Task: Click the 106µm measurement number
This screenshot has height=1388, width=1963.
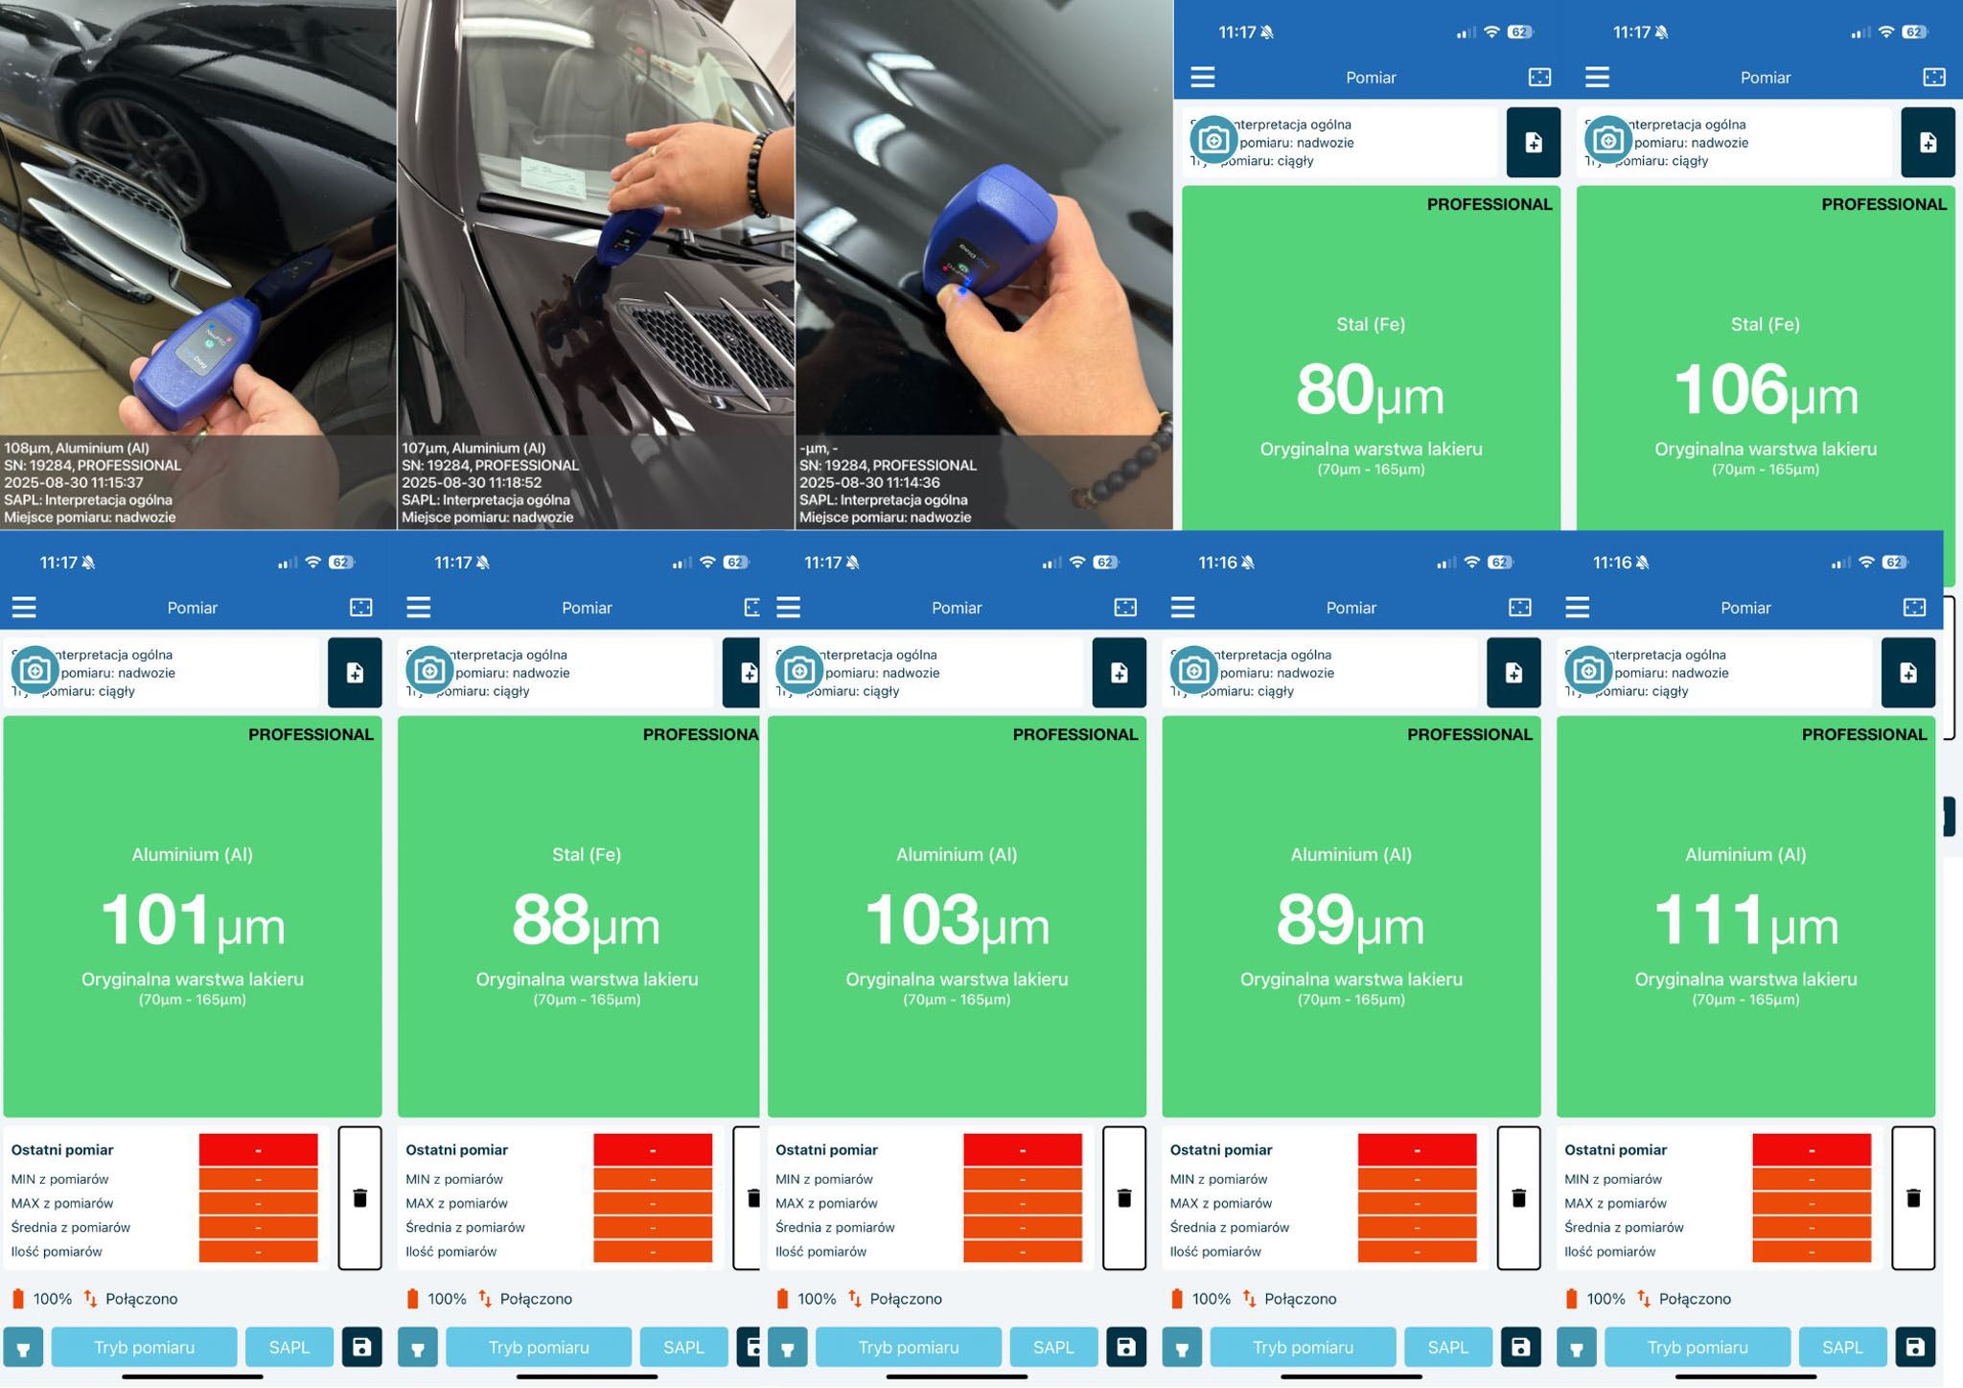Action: coord(1765,391)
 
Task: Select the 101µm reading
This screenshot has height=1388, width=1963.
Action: coord(192,921)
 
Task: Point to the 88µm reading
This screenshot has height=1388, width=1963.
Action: coord(586,921)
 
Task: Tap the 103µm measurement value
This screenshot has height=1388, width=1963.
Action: coord(956,921)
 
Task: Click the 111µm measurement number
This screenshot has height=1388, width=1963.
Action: coord(1744,921)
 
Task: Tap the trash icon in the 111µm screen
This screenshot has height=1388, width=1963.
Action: coord(1913,1198)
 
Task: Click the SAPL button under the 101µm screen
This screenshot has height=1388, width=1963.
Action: coord(289,1347)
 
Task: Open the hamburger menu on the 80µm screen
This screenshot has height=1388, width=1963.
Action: coord(1203,77)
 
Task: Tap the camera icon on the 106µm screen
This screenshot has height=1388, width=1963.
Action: coord(1608,141)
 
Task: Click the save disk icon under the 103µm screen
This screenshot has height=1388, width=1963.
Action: coord(1125,1347)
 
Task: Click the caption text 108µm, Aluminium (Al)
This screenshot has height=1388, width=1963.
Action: coord(77,448)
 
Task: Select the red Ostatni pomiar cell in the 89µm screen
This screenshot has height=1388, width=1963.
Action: coord(1417,1149)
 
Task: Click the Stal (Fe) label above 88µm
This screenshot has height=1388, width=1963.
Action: coord(586,854)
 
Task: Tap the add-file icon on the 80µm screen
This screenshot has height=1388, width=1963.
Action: coord(1533,143)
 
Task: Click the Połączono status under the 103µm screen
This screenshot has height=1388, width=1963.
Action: coord(905,1299)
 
